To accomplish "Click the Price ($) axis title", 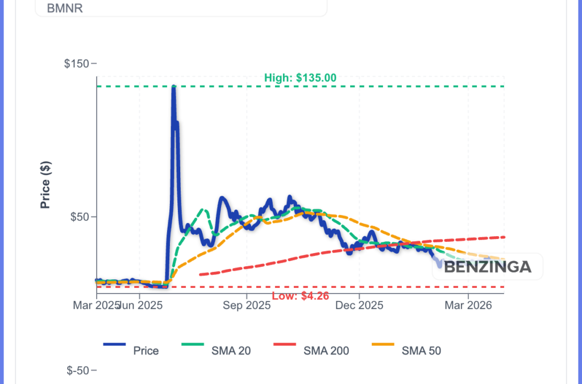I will point(46,185).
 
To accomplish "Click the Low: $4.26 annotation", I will point(300,296).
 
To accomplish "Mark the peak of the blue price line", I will point(173,87).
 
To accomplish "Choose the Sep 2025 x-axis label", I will point(247,305).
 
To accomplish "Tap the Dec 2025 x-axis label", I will point(359,305).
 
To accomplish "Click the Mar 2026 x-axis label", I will point(468,305).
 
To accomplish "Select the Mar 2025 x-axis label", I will point(94,305).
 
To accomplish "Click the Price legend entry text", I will point(145,350).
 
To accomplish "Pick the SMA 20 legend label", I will point(232,350).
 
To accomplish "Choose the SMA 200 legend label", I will point(326,350).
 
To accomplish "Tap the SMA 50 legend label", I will point(421,350).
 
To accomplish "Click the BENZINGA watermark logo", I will point(487,266).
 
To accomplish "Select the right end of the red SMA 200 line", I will point(504,237).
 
